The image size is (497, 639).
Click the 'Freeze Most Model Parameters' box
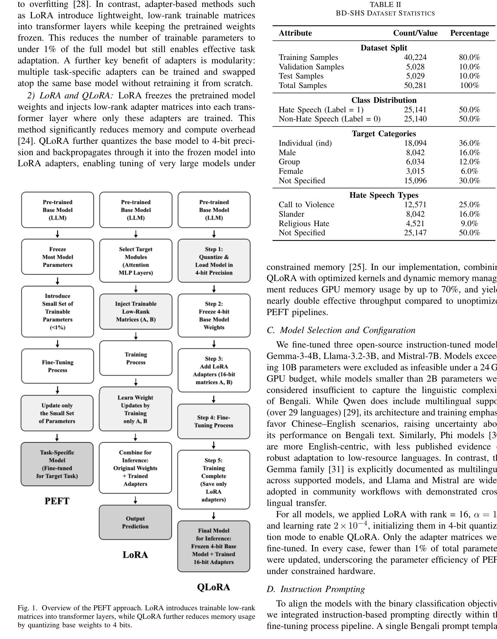[x=57, y=257]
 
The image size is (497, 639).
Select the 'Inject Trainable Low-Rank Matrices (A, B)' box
[x=136, y=312]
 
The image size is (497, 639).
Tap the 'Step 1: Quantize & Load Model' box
[x=214, y=261]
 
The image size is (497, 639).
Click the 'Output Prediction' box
[x=135, y=522]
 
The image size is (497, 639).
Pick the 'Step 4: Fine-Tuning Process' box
[x=214, y=421]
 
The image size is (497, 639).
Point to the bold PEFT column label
[x=57, y=501]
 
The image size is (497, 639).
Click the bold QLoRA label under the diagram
[x=214, y=587]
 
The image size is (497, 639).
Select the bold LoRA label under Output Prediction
[x=135, y=555]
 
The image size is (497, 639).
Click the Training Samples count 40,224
[x=415, y=57]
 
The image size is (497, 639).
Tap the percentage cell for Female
[x=469, y=171]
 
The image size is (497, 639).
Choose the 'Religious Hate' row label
[x=304, y=224]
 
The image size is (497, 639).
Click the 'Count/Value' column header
[x=415, y=33]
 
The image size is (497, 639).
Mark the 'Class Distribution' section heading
[x=384, y=100]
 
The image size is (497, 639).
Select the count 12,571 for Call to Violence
[x=415, y=205]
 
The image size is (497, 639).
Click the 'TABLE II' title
[x=385, y=5]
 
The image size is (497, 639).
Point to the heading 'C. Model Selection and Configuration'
[x=341, y=330]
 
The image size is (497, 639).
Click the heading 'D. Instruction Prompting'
[x=316, y=589]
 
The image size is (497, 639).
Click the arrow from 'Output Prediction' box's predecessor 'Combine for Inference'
[x=135, y=500]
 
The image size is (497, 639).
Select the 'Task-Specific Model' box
[x=57, y=464]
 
